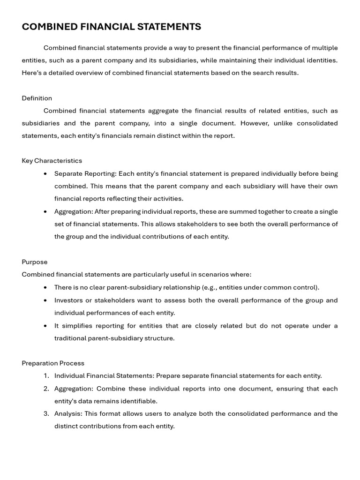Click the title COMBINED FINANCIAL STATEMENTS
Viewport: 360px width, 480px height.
tap(112, 27)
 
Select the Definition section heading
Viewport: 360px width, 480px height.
tap(37, 98)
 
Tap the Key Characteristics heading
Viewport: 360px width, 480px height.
tap(52, 161)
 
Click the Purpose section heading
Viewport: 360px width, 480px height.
tap(35, 262)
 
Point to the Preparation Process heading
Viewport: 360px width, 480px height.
tap(53, 363)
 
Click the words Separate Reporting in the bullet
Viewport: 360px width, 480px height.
tap(85, 173)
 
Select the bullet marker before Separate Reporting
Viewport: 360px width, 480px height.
tap(45, 174)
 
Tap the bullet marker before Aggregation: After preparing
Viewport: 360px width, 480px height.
tap(45, 212)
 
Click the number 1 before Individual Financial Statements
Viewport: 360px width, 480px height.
tap(46, 376)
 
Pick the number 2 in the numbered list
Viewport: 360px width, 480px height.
tap(46, 389)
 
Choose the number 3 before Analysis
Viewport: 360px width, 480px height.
tap(46, 414)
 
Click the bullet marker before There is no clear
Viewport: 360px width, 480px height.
tap(45, 288)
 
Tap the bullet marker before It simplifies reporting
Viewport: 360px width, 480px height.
tap(45, 326)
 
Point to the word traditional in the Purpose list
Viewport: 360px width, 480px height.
tap(70, 338)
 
